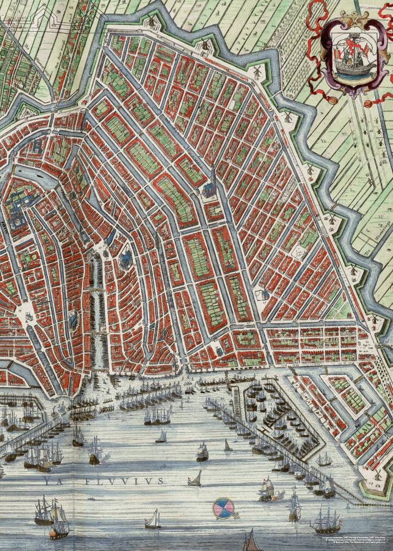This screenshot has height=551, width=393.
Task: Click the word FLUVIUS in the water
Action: pos(124,481)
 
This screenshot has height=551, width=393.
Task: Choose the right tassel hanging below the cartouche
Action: pos(368,104)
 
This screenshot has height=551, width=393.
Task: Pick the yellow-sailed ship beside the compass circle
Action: pos(266,490)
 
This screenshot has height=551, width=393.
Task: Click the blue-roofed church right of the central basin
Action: pos(125,257)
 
